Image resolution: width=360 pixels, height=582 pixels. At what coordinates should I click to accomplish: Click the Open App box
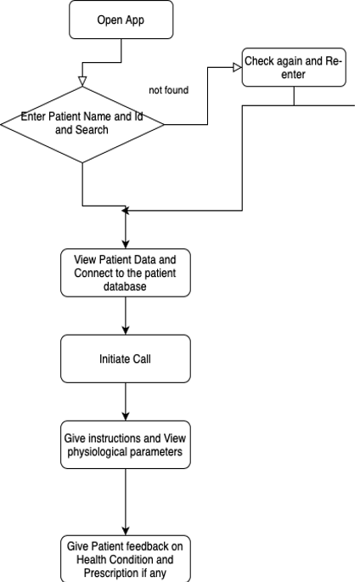tap(121, 20)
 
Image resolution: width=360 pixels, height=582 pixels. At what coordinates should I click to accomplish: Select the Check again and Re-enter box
tap(294, 67)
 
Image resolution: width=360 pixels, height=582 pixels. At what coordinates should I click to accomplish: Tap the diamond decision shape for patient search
tap(82, 125)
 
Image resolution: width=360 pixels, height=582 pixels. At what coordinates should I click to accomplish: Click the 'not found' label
tap(169, 90)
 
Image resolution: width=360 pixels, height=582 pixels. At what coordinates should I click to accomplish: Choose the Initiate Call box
tap(126, 359)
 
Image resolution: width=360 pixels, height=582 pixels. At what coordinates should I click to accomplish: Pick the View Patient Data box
tap(126, 273)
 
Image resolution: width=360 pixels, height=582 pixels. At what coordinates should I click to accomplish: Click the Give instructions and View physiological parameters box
tap(126, 444)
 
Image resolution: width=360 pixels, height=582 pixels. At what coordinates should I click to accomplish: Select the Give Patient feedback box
tap(126, 558)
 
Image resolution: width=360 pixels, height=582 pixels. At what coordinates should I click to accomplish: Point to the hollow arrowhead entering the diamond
tap(82, 82)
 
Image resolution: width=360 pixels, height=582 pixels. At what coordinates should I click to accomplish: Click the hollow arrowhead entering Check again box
tap(237, 68)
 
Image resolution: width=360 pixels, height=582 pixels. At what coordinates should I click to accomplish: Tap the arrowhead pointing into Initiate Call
tap(126, 331)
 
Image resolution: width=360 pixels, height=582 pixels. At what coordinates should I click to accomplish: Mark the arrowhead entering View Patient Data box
tap(126, 245)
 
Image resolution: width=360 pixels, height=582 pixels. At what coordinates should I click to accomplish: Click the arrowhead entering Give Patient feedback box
tap(126, 531)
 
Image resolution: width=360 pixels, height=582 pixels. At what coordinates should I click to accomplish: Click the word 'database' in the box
tap(125, 286)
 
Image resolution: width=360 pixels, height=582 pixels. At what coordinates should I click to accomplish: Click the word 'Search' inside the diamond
tap(92, 130)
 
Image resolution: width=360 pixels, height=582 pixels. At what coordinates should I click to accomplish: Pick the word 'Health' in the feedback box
tap(91, 559)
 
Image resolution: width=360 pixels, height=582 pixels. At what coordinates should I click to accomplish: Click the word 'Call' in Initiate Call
tap(142, 359)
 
